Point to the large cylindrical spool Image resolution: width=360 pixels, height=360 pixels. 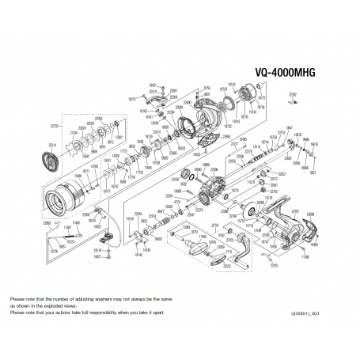coord(63,198)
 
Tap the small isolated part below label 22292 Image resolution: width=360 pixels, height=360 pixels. coord(295,101)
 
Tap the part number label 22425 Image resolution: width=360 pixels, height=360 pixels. coord(274,266)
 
